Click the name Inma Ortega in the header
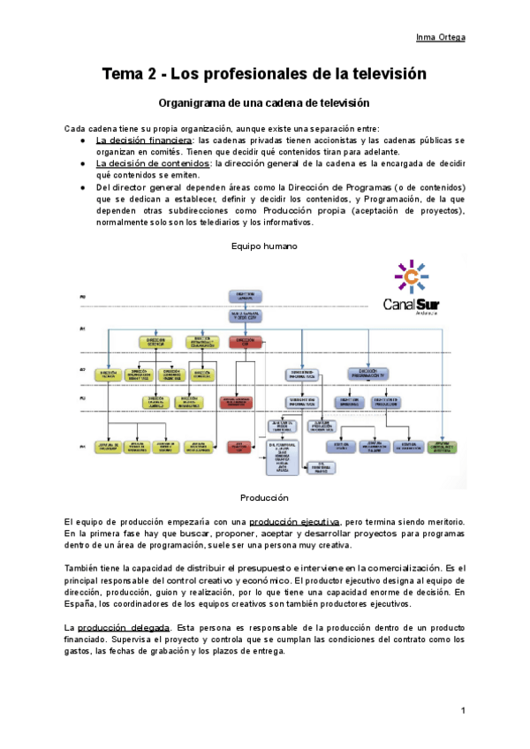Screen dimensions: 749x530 pos(440,37)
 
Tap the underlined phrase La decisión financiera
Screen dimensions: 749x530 pos(143,140)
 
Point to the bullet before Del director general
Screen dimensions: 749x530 pos(81,187)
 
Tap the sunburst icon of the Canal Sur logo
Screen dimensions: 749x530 pos(410,276)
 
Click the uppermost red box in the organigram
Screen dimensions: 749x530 pos(244,341)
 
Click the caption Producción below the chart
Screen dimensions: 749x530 pos(264,498)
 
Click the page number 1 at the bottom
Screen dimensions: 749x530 pos(463,711)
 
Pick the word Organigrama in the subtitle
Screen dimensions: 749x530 pos(193,103)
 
